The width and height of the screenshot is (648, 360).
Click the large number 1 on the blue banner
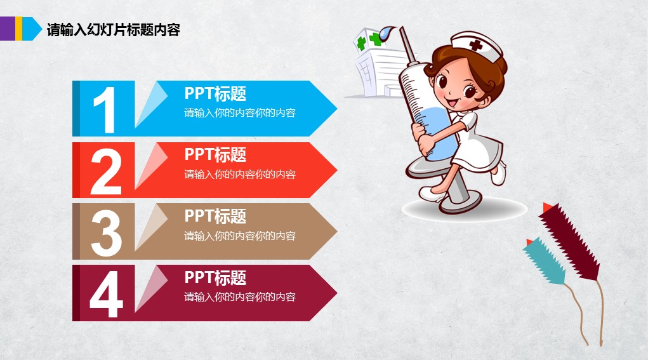click(x=105, y=110)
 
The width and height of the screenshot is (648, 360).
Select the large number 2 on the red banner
click(x=106, y=171)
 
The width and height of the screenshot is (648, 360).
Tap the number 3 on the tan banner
click(x=106, y=232)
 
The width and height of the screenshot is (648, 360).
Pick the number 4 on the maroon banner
click(x=106, y=294)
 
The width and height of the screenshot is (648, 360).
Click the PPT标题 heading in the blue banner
click(x=215, y=94)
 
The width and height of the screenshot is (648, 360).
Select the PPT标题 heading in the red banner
click(x=215, y=155)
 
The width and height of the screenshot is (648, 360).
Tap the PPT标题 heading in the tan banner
click(x=215, y=217)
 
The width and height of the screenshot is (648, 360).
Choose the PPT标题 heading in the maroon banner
click(x=215, y=277)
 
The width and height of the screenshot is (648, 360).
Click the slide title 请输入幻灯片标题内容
click(x=113, y=30)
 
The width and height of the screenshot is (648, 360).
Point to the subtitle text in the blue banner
click(x=240, y=113)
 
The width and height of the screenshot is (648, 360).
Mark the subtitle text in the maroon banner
click(x=240, y=297)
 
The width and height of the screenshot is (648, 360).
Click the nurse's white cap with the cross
click(x=477, y=44)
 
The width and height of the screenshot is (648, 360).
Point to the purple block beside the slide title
click(x=8, y=29)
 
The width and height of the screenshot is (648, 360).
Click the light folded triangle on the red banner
click(x=149, y=164)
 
